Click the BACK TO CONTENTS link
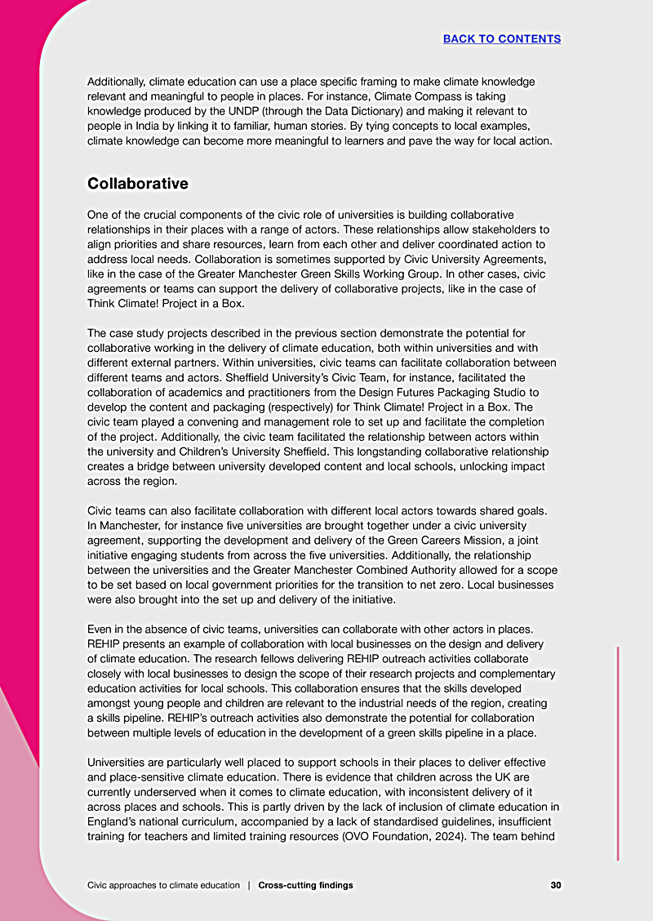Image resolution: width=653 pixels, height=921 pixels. (x=501, y=38)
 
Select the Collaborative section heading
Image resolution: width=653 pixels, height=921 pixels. (x=137, y=184)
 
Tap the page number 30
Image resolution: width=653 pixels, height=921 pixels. (x=556, y=885)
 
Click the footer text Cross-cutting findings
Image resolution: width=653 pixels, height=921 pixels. (x=305, y=885)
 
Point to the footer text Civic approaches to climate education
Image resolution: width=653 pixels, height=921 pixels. (x=163, y=885)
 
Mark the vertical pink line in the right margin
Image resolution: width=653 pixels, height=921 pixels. (x=618, y=753)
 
